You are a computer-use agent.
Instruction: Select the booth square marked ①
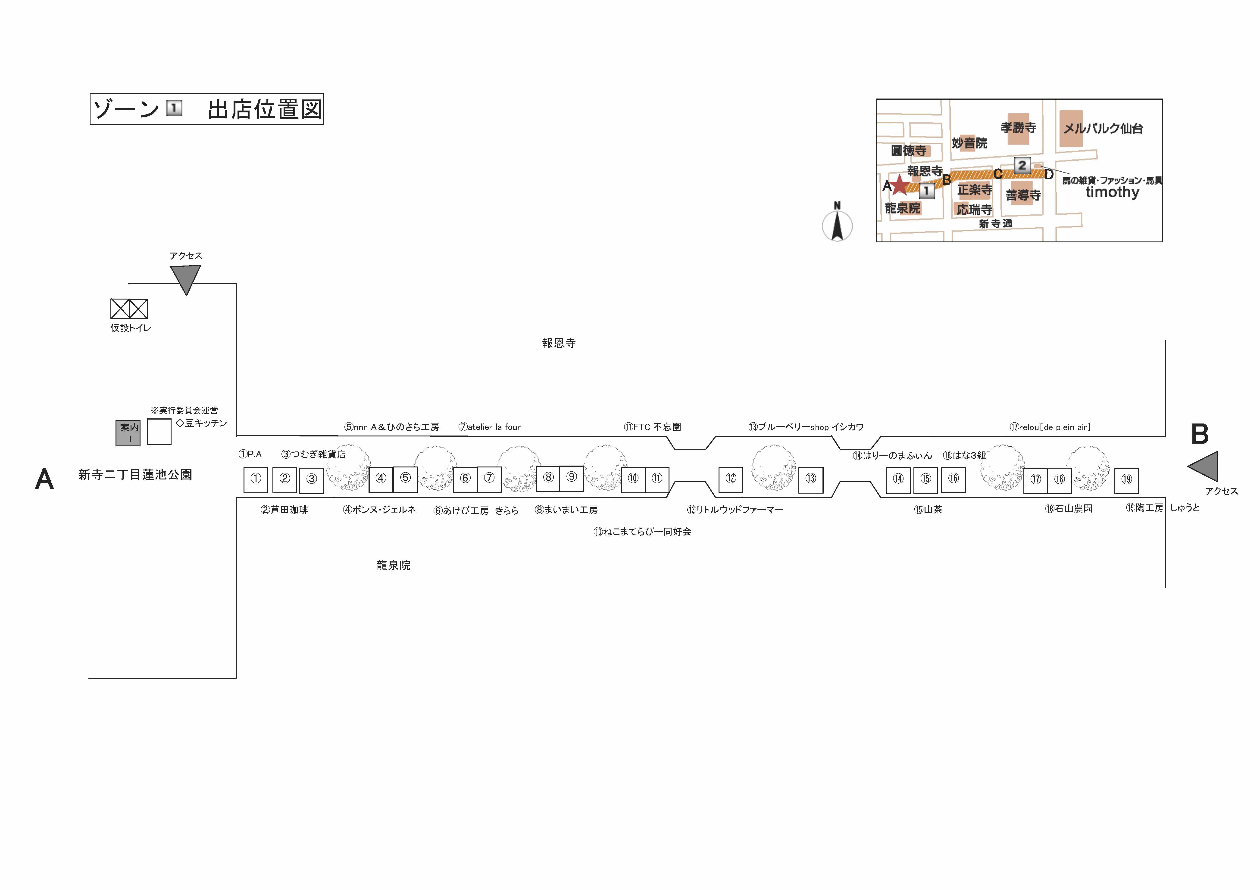[x=256, y=480]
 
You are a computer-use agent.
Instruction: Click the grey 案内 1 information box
[x=128, y=433]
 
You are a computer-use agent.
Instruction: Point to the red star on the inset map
[x=899, y=185]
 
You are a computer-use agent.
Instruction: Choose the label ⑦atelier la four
[x=490, y=427]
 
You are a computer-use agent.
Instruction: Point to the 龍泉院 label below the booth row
[x=394, y=565]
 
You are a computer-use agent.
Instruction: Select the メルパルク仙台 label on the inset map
[x=1103, y=128]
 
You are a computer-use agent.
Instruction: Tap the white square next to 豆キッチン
[x=159, y=432]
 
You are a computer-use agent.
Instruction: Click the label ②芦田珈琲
[x=284, y=510]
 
